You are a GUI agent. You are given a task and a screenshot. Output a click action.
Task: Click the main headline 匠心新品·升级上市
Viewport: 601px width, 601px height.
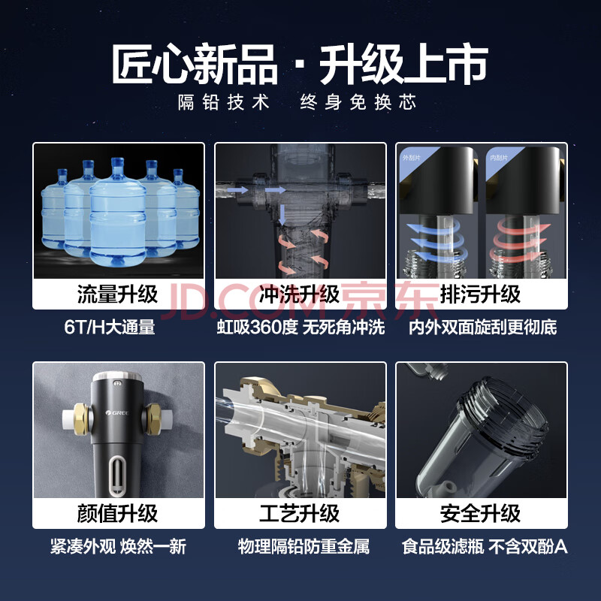tap(300, 64)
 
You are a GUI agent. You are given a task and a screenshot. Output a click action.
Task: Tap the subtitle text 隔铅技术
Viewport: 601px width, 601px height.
tap(224, 102)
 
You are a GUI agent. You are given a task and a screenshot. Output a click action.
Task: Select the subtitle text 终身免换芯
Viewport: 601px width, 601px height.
tap(358, 102)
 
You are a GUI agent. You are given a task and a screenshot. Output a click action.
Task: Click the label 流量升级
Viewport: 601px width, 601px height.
tap(118, 294)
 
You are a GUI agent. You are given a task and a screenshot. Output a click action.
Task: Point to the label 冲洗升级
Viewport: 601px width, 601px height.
tap(299, 294)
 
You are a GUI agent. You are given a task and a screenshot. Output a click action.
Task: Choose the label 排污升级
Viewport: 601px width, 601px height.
tap(481, 294)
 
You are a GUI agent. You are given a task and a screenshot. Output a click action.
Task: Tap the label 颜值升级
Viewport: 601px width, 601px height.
tap(118, 514)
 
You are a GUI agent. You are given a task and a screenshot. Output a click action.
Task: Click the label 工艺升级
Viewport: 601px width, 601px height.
tap(299, 514)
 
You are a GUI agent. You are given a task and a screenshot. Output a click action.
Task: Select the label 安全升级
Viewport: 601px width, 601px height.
tap(481, 514)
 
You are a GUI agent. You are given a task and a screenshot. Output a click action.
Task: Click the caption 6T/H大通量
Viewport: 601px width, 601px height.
tap(110, 328)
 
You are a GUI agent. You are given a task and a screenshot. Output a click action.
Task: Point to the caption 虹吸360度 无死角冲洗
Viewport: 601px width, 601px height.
tap(301, 328)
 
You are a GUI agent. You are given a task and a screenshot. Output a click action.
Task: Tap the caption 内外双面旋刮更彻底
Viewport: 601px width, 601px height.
tap(482, 328)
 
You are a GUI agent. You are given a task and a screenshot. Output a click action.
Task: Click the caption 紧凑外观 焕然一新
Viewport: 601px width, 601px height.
tap(119, 547)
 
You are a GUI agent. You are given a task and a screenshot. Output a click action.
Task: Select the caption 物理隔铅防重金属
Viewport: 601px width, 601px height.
tap(304, 547)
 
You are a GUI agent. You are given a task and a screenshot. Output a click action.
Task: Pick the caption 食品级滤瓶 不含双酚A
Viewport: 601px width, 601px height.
tap(485, 547)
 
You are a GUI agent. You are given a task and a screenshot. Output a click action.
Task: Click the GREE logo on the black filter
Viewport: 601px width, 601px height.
tap(117, 412)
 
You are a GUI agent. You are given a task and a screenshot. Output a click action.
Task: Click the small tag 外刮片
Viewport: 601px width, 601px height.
tap(411, 158)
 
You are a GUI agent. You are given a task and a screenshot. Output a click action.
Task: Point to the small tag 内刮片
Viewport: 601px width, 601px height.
tap(499, 158)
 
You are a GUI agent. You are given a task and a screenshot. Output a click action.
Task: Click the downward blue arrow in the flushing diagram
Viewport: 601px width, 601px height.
tap(282, 215)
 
